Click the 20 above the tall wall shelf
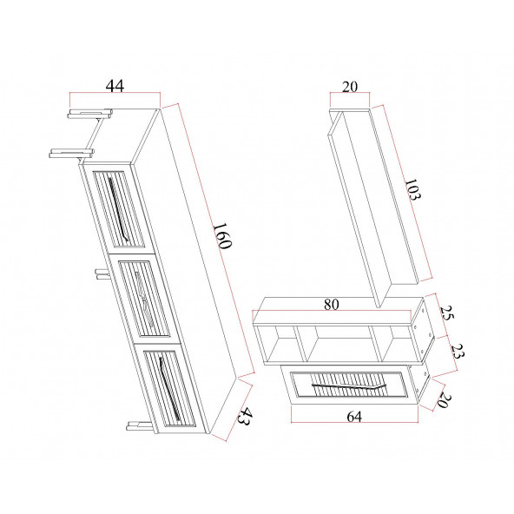(352, 87)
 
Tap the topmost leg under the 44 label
(89, 113)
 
